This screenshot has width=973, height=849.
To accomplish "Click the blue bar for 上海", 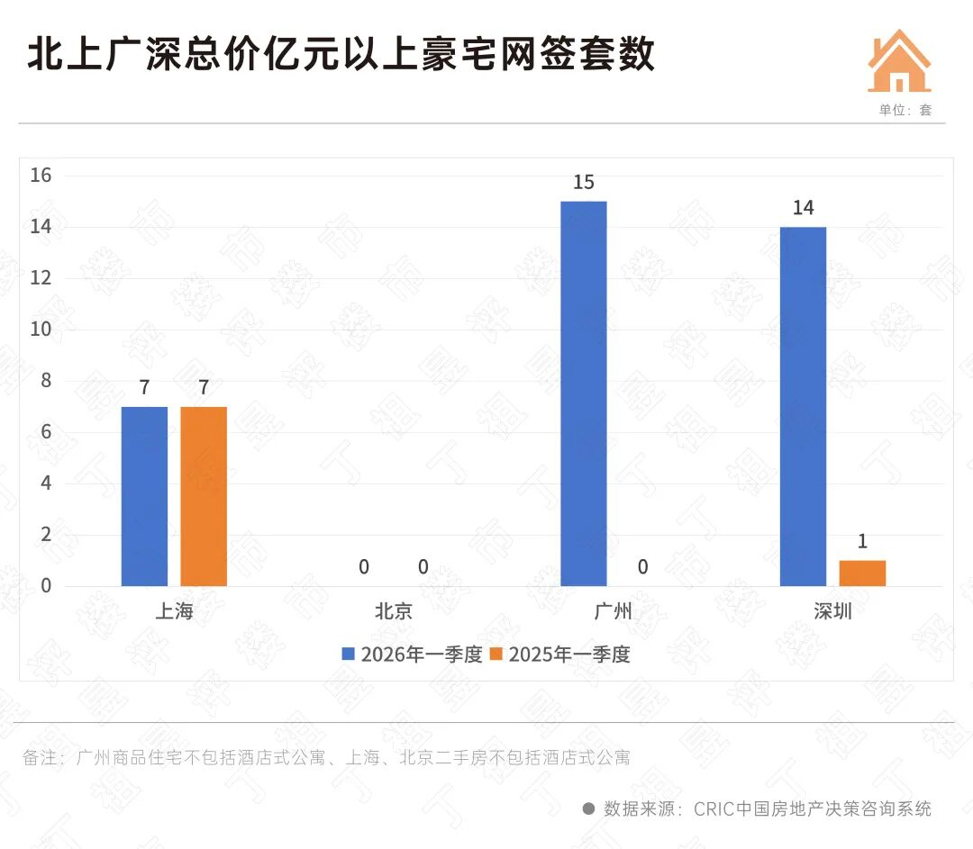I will point(144,496).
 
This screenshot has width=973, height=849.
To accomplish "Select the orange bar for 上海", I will point(204,496).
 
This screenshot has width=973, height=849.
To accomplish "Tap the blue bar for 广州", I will point(584,393).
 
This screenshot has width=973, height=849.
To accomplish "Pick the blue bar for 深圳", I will point(803,406).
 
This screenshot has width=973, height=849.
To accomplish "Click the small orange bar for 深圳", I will point(862,574).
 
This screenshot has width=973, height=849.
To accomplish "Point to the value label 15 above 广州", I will point(584,183).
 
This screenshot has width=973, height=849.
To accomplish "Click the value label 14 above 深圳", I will point(803,208).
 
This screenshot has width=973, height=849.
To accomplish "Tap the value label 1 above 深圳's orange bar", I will point(862,542).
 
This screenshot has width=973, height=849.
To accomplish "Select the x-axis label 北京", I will point(394,611).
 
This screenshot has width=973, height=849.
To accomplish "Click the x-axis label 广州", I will point(614,611).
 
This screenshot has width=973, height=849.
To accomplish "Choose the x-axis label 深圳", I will point(832,611).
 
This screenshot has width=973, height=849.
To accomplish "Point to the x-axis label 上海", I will point(174,611).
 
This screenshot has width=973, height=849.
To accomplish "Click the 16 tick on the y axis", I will point(41,176).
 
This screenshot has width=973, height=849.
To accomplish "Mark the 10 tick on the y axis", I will point(41,330).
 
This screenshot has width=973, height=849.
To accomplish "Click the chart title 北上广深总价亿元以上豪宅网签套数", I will point(341,55).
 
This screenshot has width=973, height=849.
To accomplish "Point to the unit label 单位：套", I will point(905,110).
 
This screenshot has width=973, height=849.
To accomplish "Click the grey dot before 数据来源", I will point(589,808).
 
